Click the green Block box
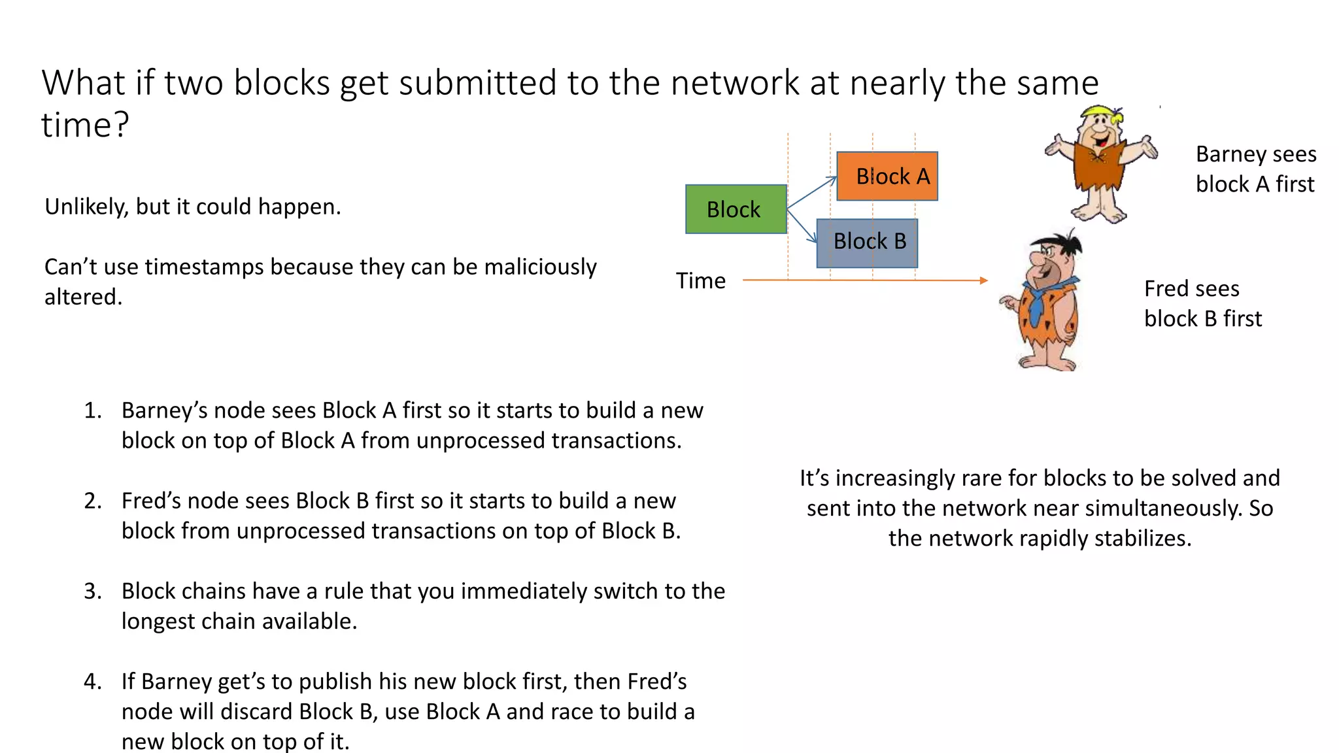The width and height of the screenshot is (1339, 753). tap(736, 209)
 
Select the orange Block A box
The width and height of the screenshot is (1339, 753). tap(887, 176)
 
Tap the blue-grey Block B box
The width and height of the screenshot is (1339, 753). tap(867, 243)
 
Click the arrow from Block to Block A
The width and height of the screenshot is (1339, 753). tap(811, 193)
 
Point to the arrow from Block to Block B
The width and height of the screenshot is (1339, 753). tap(802, 226)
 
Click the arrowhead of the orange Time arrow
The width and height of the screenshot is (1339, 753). tap(984, 280)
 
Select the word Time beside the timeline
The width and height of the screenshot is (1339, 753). tap(700, 280)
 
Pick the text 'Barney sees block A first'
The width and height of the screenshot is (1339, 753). tap(1255, 169)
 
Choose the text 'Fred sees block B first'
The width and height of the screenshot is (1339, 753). tap(1202, 303)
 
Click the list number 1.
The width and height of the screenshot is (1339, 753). tap(92, 410)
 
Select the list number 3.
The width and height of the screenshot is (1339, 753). tap(92, 591)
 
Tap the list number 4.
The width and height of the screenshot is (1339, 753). tap(92, 681)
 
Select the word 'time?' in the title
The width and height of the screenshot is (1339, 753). tap(85, 124)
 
